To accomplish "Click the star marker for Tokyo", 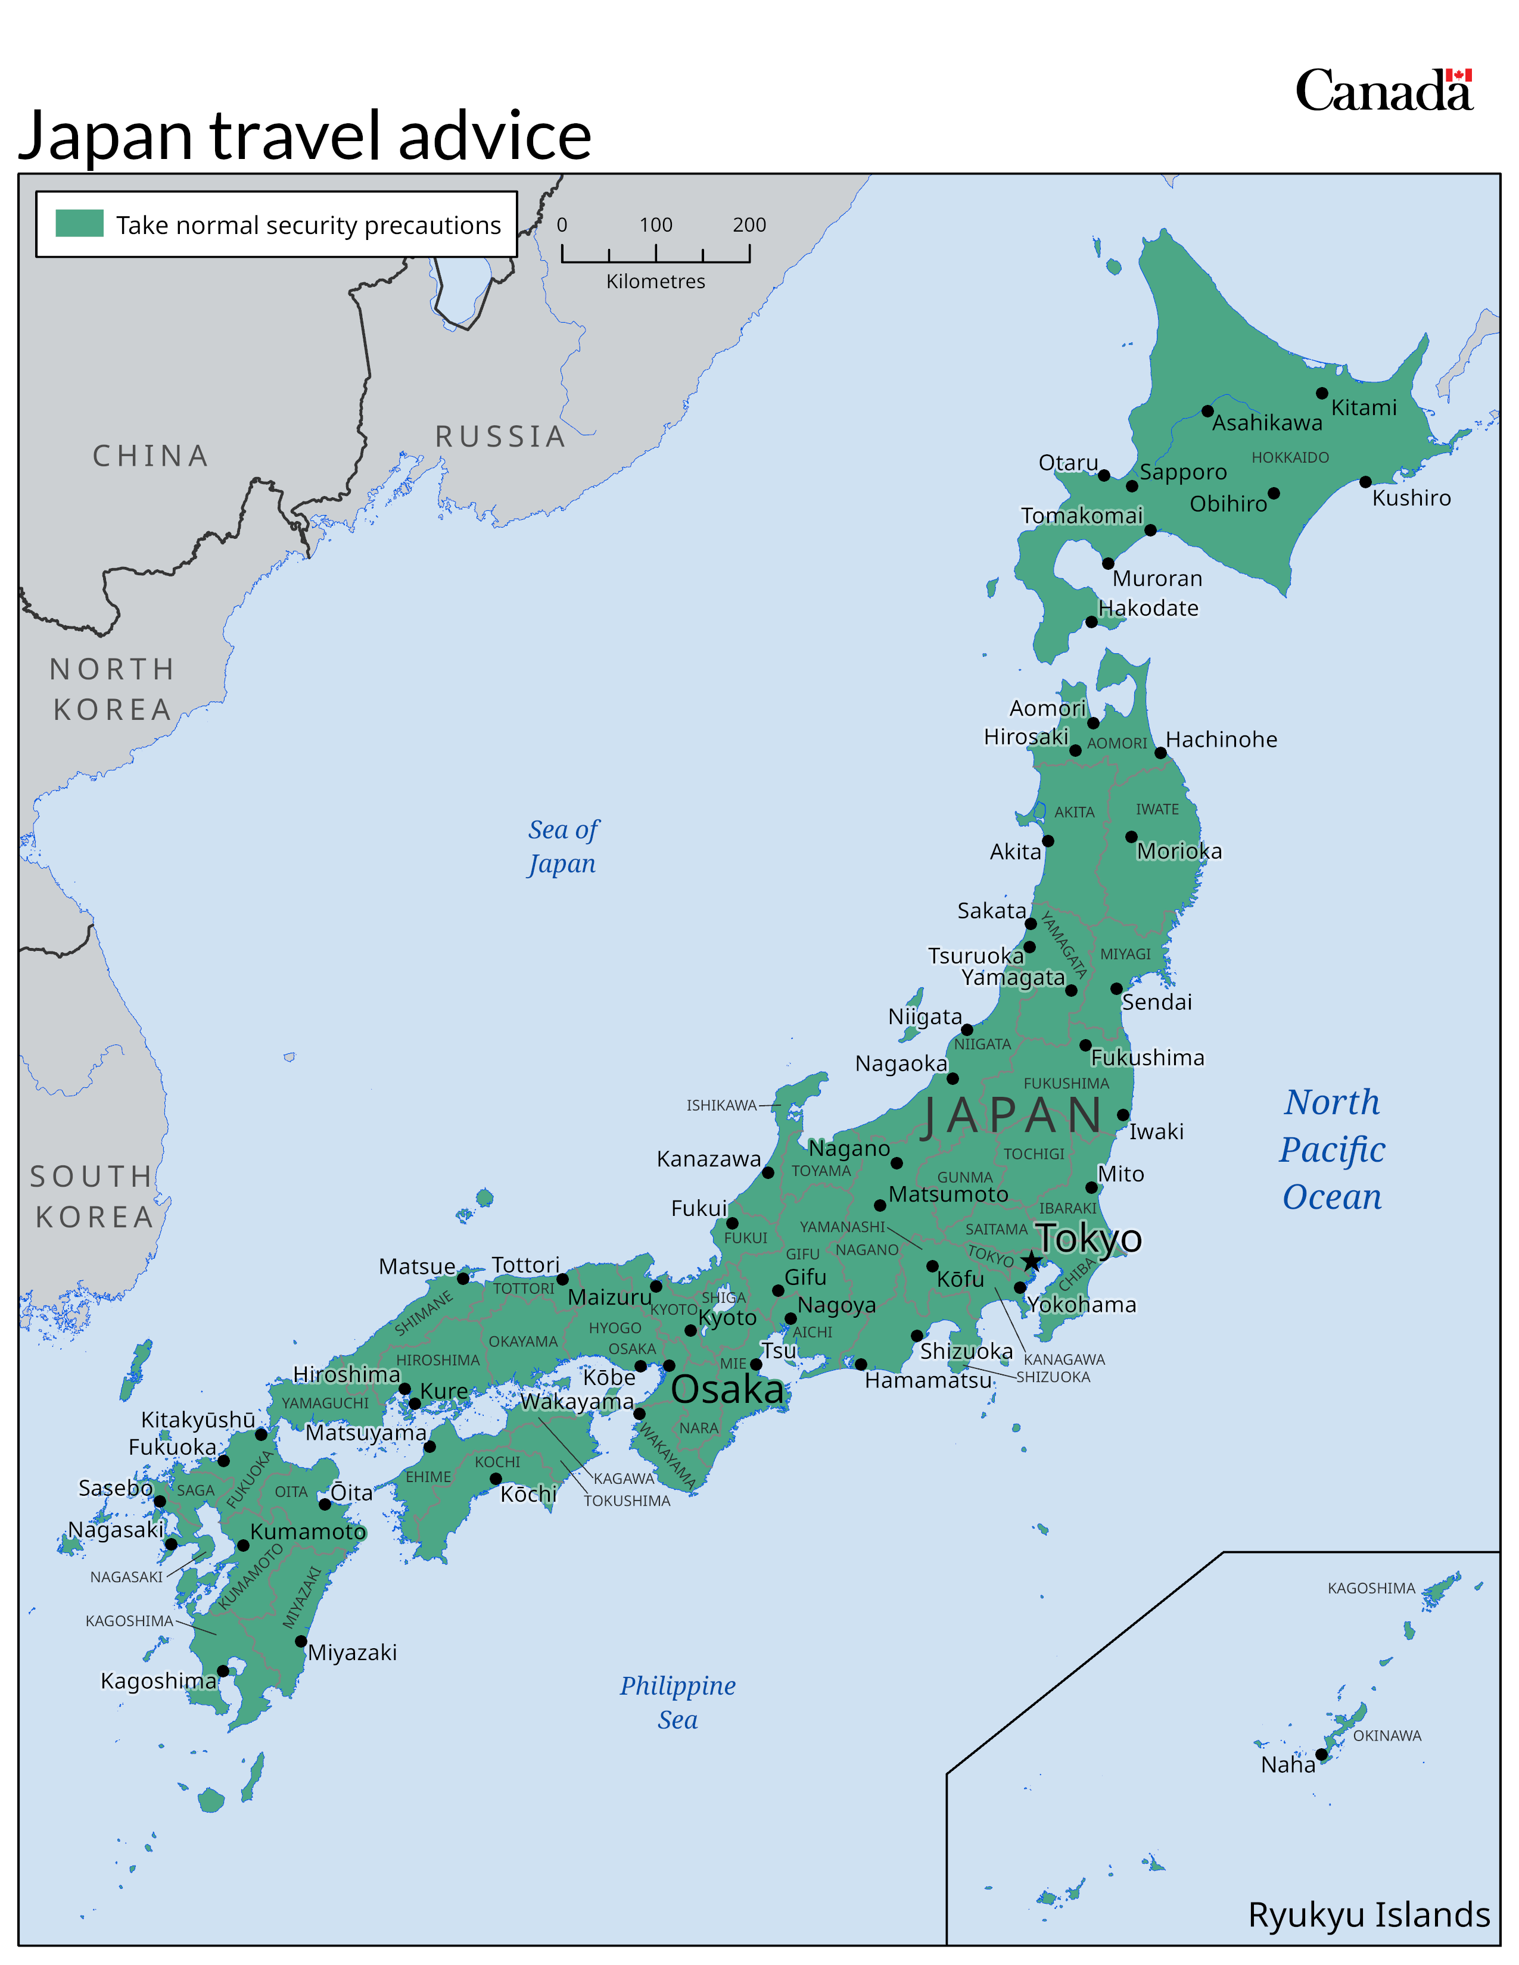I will click(x=1031, y=1261).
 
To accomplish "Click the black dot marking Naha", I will click(x=1321, y=1754).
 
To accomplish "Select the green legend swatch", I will click(x=79, y=223).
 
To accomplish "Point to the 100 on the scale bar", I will click(x=655, y=225).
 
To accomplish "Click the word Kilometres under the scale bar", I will click(x=655, y=282).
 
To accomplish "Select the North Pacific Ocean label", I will click(x=1332, y=1149).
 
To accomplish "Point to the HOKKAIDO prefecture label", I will click(x=1290, y=457).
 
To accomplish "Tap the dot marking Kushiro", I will click(x=1365, y=482).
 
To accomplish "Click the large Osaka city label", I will click(x=727, y=1389).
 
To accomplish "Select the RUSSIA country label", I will click(x=500, y=436).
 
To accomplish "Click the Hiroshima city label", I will click(x=347, y=1374).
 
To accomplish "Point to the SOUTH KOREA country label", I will click(x=94, y=1197).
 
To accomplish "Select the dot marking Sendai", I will click(x=1116, y=988).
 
